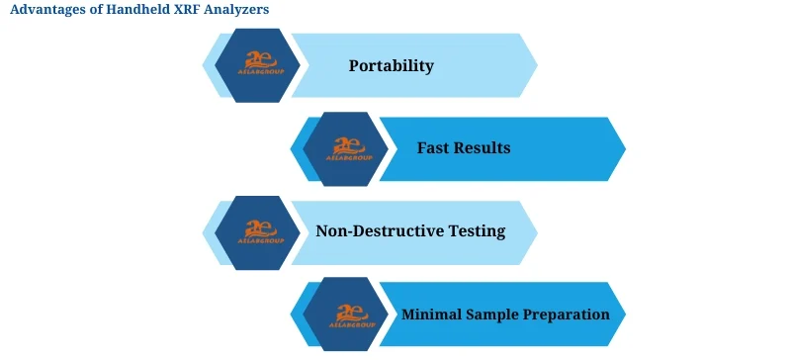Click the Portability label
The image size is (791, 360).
pyautogui.click(x=392, y=66)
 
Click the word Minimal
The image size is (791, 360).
pyautogui.click(x=433, y=315)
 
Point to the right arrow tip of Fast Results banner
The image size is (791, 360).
pyautogui.click(x=622, y=148)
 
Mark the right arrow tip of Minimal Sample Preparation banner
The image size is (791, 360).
pyautogui.click(x=622, y=315)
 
